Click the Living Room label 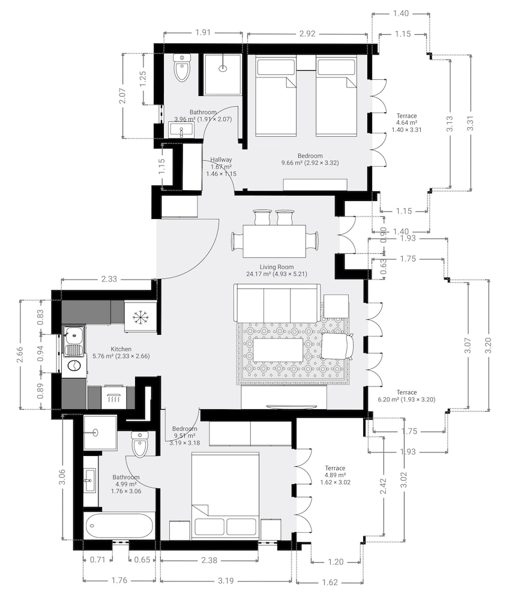[x=277, y=267]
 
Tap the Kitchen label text [x=121, y=349]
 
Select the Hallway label [x=221, y=160]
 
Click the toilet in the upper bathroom [x=182, y=67]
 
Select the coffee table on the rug [x=278, y=349]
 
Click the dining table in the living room [x=274, y=241]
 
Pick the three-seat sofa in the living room [x=277, y=304]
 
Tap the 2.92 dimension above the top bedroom [x=307, y=34]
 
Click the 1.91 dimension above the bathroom [x=203, y=32]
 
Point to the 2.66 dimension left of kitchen [x=20, y=354]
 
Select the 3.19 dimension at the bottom [x=226, y=581]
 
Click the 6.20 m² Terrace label [x=406, y=396]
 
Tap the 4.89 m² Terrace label [x=336, y=475]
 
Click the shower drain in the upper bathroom [x=223, y=68]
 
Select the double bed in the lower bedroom [x=226, y=494]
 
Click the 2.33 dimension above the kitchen [x=109, y=279]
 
